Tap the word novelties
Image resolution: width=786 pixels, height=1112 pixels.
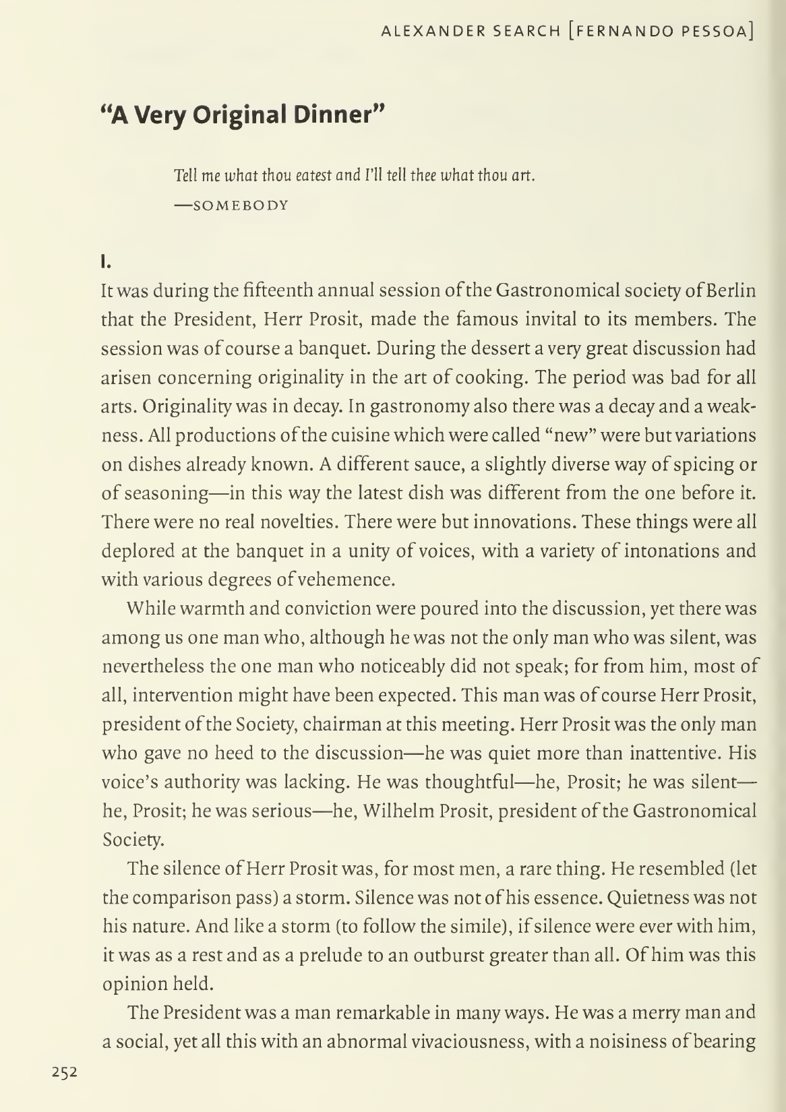coord(297,522)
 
